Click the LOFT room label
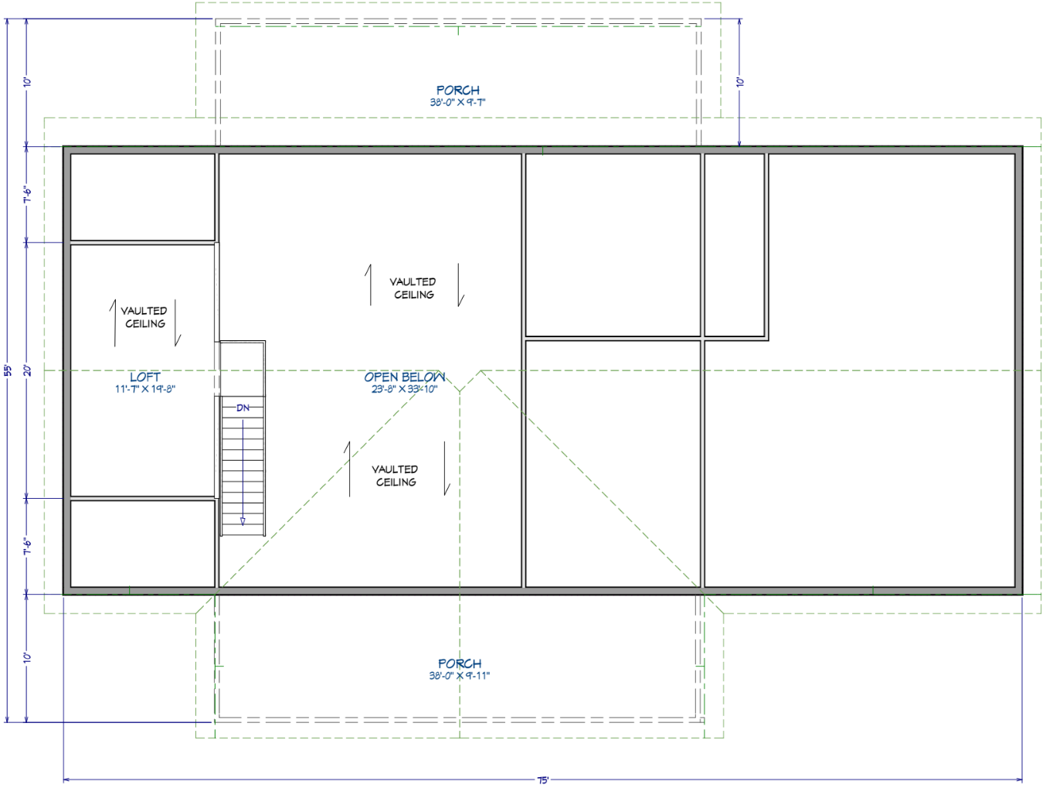pos(145,377)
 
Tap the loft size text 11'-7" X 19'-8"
pos(145,389)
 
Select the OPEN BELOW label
pos(405,377)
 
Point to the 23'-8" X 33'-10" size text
pos(404,389)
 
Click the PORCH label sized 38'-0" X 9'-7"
pos(458,90)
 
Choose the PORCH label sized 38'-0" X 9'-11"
pos(460,663)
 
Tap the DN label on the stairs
pos(243,408)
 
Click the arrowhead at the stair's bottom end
pos(243,522)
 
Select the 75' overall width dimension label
pos(543,780)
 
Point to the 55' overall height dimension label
pos(8,370)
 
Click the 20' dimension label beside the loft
pos(28,370)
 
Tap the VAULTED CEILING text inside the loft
pos(144,317)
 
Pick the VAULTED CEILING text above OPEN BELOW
pos(413,288)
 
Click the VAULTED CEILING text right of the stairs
pos(395,476)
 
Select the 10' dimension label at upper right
pos(740,81)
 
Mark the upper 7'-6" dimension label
pos(28,195)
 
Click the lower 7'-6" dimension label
pos(28,547)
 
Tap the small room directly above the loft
pos(142,197)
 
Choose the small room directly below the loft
pos(142,544)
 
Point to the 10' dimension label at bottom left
pos(28,657)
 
